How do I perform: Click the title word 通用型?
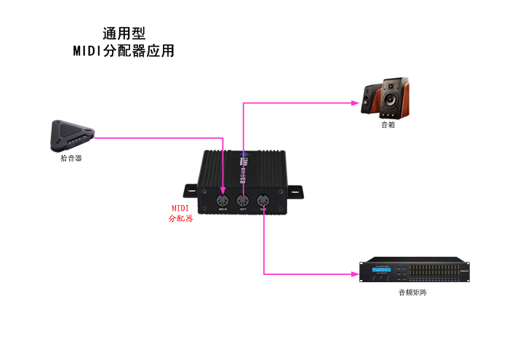click(x=124, y=33)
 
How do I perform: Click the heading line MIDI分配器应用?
click(x=124, y=52)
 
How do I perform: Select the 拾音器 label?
click(x=71, y=158)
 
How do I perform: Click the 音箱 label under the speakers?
click(x=388, y=124)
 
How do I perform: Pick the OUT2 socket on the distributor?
click(x=263, y=201)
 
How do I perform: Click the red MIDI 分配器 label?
click(x=180, y=213)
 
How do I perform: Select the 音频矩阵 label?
click(x=412, y=292)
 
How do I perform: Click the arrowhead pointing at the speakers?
click(x=357, y=103)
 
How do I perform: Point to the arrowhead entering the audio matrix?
click(x=356, y=274)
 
